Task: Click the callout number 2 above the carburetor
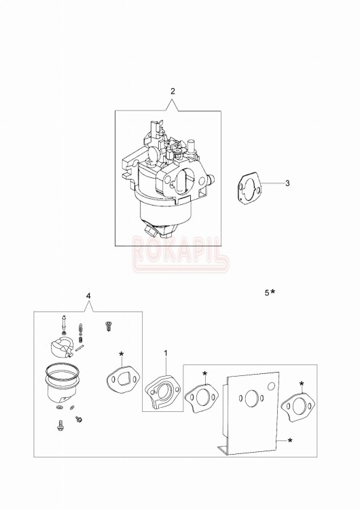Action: pos(173,91)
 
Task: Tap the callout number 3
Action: pos(287,183)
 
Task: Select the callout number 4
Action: pos(88,296)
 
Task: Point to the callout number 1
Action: pos(165,354)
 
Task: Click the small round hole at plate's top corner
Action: pos(272,385)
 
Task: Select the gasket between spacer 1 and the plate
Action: pos(202,398)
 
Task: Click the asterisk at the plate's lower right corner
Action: pos(290,442)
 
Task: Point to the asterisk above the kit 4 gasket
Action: pos(121,354)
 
